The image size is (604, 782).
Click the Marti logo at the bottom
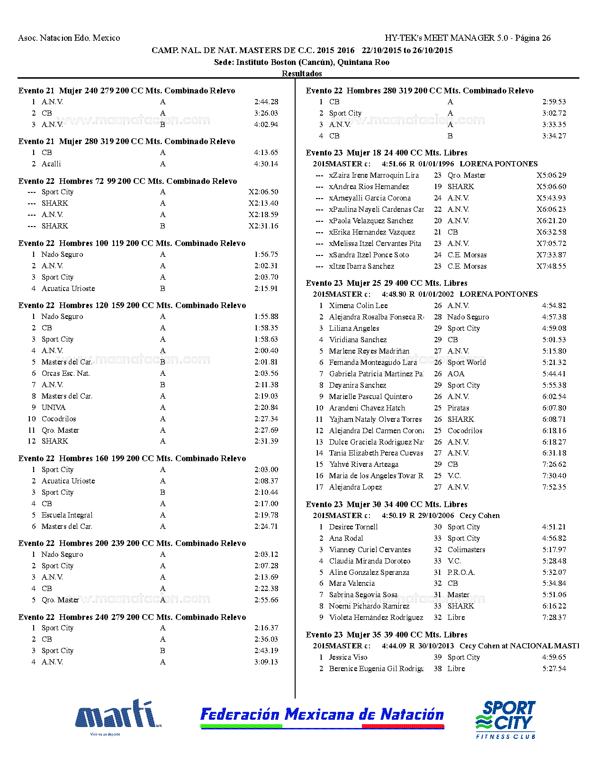coord(117,716)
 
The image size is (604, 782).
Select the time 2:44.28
coord(266,102)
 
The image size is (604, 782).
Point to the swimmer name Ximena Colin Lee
coord(358,306)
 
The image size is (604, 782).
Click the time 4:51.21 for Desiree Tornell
coord(554,527)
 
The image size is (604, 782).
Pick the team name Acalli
coord(51,164)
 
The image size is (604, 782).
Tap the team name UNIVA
coord(54,408)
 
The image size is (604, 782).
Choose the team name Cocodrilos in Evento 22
coord(59,419)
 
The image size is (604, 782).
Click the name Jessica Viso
coord(348,657)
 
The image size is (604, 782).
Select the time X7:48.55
coord(551,266)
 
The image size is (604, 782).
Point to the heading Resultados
coord(302,73)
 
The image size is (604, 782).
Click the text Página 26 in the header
coord(533,38)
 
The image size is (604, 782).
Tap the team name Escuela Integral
coord(67,515)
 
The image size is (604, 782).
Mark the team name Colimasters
coord(466,550)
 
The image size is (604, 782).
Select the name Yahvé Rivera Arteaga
coord(364,464)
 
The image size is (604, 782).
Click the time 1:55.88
coord(266,317)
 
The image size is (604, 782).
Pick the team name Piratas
coord(458,408)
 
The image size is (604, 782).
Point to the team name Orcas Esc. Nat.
coord(65,373)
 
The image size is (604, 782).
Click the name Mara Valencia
coord(352,583)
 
